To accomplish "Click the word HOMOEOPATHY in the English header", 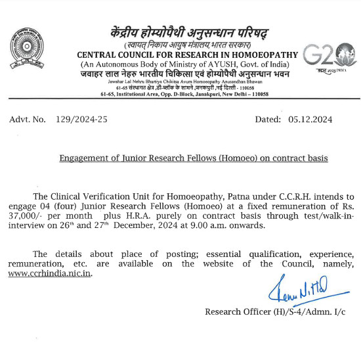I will [260, 55].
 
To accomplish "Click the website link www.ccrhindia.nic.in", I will [51, 273].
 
